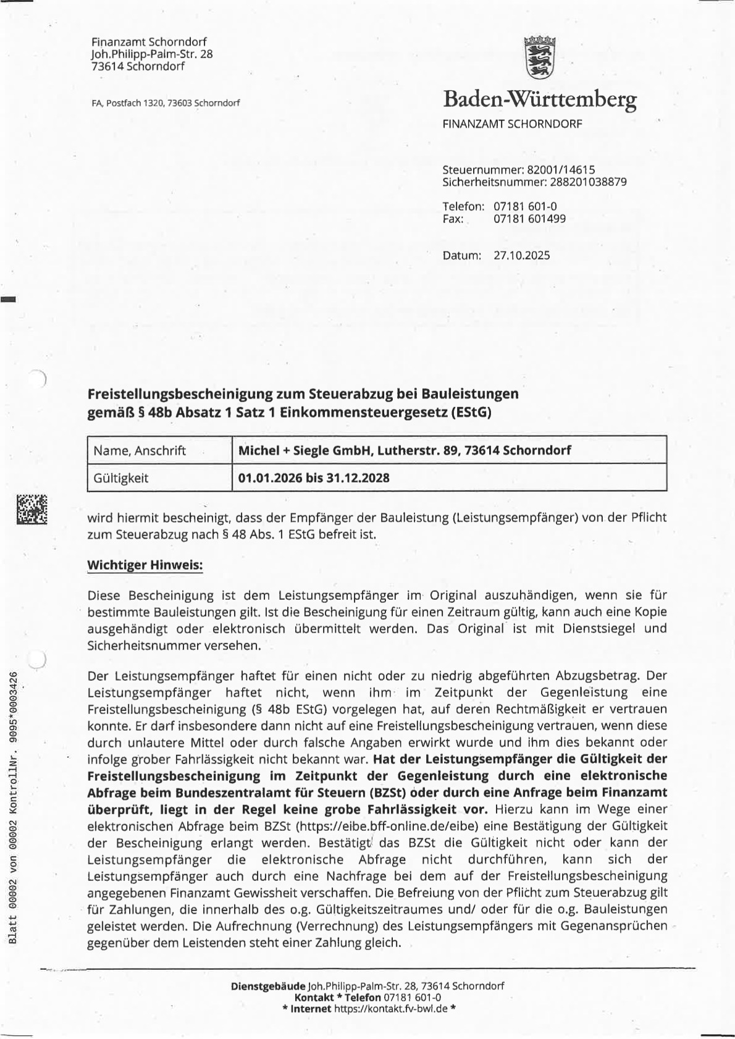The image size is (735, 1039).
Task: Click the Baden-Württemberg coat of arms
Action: click(540, 58)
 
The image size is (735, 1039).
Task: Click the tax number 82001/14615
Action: click(560, 169)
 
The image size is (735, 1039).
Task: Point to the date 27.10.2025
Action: click(521, 256)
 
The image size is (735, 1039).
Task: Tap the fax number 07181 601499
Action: click(529, 219)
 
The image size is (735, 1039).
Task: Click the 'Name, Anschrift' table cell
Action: click(140, 450)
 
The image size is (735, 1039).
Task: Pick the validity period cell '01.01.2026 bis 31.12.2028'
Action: click(314, 477)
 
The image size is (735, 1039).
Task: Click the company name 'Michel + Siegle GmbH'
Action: click(303, 450)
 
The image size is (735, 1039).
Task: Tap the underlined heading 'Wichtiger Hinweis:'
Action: click(145, 565)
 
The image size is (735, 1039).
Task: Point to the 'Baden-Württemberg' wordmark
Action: click(539, 99)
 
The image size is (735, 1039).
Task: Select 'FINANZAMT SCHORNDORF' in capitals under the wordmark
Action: click(512, 124)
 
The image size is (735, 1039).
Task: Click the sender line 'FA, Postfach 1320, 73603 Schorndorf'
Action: click(166, 104)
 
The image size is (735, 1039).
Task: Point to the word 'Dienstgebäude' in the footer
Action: click(268, 986)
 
